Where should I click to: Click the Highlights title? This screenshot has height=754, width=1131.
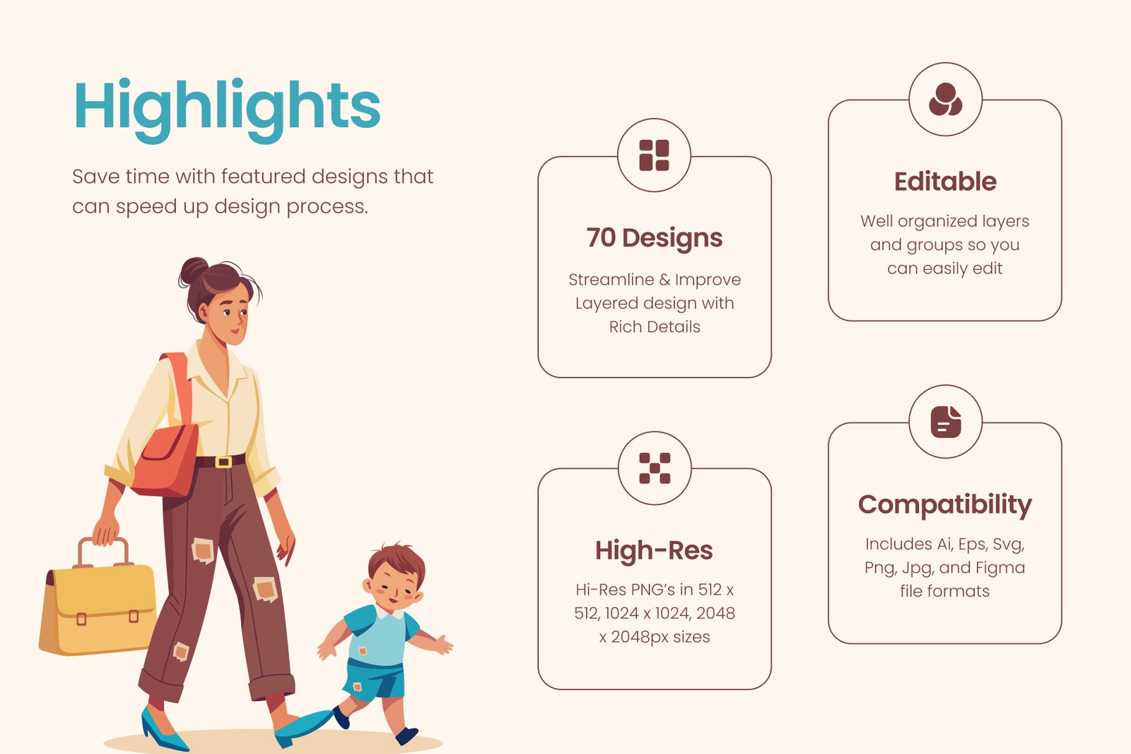[227, 110]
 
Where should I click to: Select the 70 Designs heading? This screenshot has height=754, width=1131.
[655, 237]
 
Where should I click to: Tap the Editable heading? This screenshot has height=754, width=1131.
[945, 181]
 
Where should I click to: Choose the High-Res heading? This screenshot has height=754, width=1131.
[654, 550]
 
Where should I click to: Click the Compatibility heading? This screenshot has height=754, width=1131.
[945, 505]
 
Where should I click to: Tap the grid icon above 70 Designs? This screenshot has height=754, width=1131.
[654, 155]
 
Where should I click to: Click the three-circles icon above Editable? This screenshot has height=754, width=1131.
[945, 99]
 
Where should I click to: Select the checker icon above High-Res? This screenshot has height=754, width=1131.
[655, 468]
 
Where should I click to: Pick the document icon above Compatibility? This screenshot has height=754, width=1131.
[946, 421]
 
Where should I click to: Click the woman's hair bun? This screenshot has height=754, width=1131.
[194, 271]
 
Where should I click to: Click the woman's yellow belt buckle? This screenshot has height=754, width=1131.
[223, 461]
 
